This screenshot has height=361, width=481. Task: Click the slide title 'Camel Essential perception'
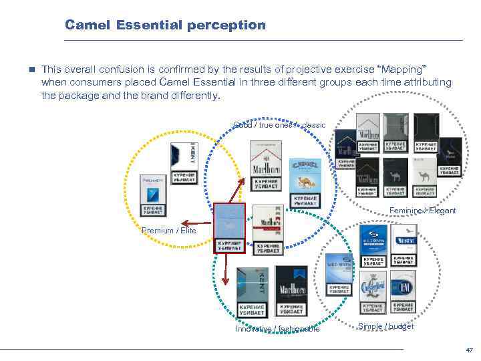(165, 25)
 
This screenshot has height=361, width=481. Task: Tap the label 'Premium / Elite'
(169, 231)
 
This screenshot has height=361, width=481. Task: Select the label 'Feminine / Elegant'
(423, 211)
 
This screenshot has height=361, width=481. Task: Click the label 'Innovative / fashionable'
(277, 329)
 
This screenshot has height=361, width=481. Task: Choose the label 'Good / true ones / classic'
(279, 125)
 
